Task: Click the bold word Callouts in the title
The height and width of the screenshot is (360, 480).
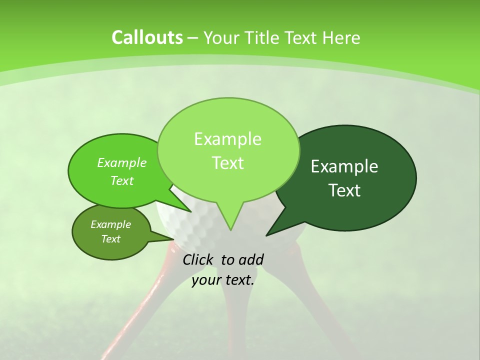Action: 147,37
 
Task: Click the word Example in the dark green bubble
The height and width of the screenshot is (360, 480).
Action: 344,166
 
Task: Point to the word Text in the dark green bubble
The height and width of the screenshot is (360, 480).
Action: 344,190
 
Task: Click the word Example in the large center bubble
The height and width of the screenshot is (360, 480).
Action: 227,139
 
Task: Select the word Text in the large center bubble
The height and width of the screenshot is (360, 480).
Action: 227,163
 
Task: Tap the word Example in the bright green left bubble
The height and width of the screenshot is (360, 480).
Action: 122,163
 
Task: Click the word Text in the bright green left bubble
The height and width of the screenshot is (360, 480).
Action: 122,181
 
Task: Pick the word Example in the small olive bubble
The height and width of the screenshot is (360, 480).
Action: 111,224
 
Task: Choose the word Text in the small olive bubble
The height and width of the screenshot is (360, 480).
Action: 111,239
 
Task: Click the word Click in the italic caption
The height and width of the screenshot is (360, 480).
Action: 198,259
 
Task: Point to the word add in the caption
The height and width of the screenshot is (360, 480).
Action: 251,259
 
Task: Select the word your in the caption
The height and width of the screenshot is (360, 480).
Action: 206,280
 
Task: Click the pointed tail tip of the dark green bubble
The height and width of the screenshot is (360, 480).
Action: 267,234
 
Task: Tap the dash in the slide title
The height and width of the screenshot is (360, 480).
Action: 193,38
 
